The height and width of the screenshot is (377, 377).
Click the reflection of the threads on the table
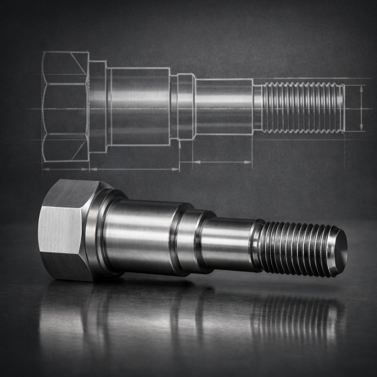click(x=295, y=313)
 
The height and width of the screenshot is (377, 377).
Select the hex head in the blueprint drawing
click(x=65, y=107)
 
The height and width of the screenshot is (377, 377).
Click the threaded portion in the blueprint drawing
click(x=302, y=108)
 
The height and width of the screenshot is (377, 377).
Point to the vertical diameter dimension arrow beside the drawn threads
click(x=361, y=108)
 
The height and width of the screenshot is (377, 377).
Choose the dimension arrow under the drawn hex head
click(x=65, y=169)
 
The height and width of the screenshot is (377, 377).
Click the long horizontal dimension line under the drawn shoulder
click(x=134, y=169)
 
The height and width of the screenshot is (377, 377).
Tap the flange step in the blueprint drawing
click(x=98, y=107)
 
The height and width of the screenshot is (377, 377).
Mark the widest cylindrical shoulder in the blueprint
click(x=140, y=107)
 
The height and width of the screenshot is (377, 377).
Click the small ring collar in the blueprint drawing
click(x=186, y=107)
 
